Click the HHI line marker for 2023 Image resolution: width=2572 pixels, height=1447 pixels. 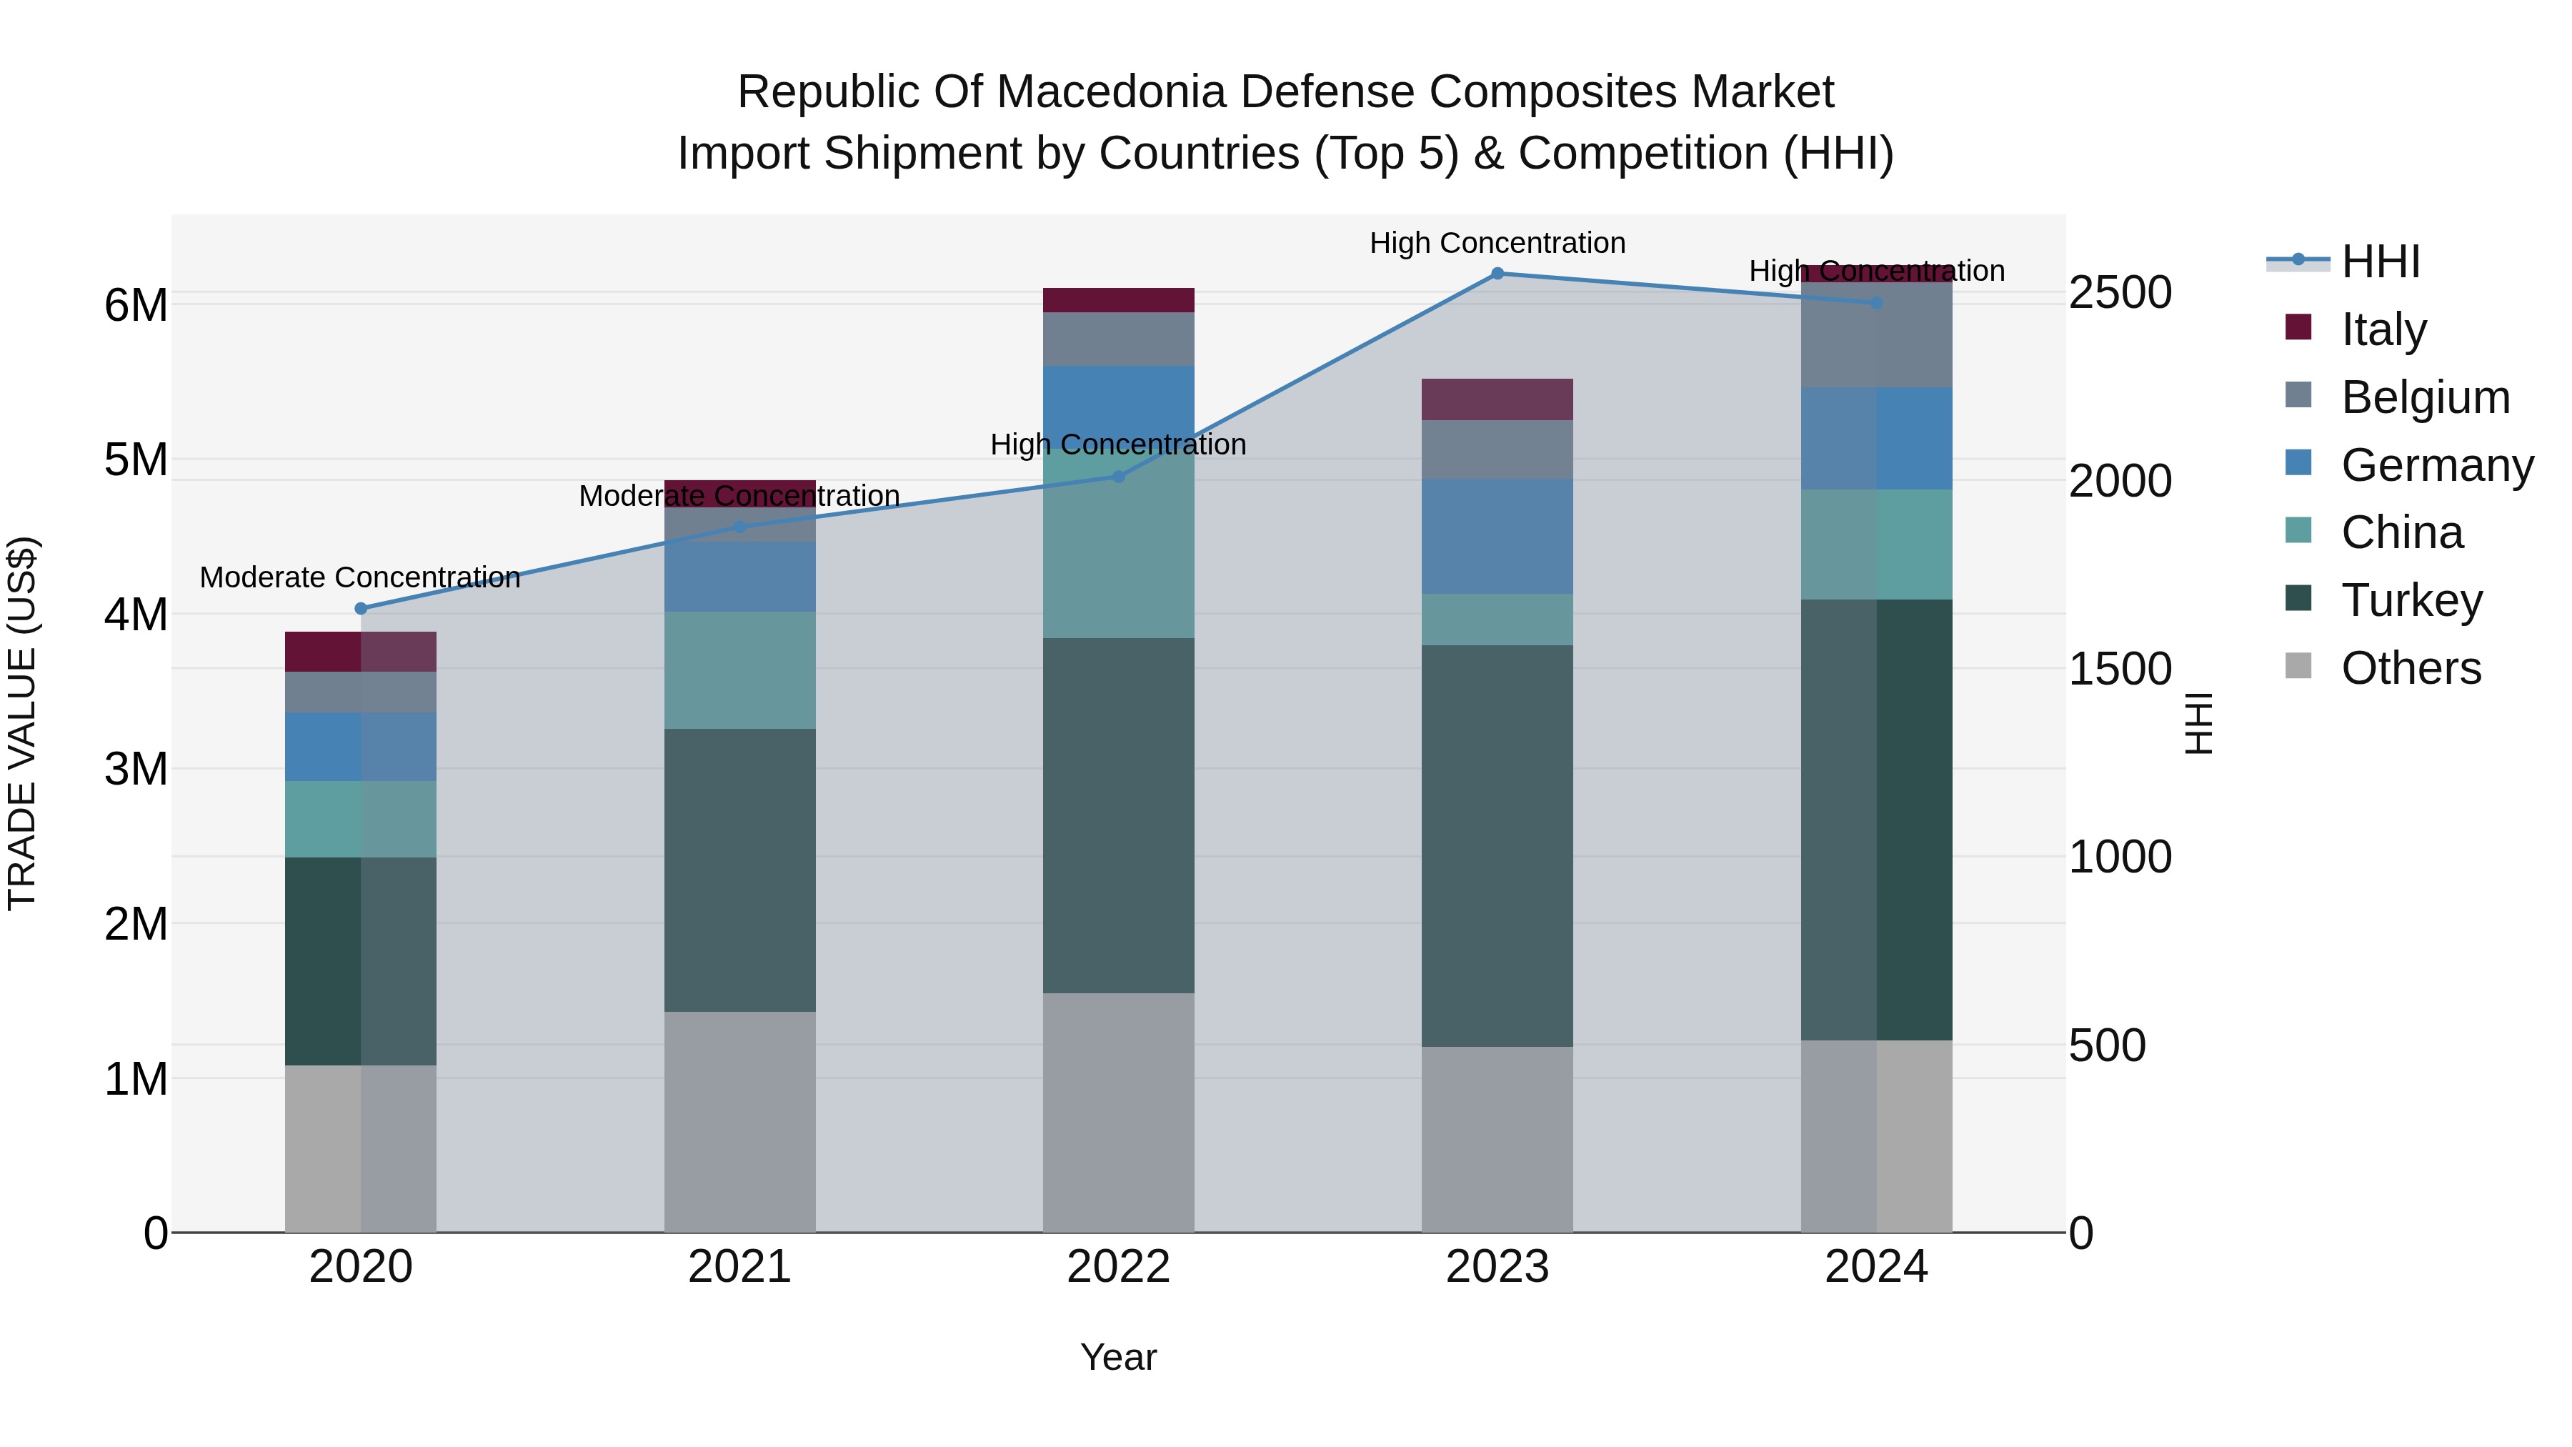[1497, 274]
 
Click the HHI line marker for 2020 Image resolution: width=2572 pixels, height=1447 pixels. [362, 608]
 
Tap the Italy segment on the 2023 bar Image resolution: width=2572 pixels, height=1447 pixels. [1497, 399]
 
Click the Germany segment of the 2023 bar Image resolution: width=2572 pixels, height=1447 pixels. [1497, 536]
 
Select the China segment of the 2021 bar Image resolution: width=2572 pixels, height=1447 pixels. [740, 670]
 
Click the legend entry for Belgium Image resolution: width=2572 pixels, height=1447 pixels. [2424, 397]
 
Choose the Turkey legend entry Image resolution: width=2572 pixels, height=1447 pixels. [2411, 600]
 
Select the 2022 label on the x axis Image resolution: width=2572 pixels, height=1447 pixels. [1118, 1267]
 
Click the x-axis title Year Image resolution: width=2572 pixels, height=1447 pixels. [1118, 1357]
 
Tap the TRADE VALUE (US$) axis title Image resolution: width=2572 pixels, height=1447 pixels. [23, 723]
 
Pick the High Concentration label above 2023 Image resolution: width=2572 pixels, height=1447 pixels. [1497, 243]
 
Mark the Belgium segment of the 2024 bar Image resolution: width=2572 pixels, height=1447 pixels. [1876, 334]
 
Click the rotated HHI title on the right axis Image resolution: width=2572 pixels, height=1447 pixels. [2198, 723]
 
